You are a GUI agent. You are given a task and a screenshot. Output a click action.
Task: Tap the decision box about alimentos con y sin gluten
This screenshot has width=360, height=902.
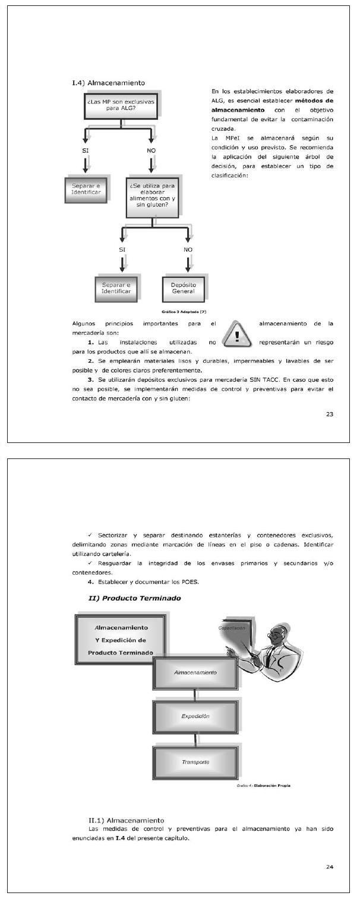[153, 196]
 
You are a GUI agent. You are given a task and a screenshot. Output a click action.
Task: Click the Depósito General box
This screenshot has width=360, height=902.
[188, 288]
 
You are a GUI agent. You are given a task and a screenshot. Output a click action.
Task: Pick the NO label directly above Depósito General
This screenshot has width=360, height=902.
[188, 249]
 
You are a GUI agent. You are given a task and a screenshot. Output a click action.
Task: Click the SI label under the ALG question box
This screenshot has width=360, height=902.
[86, 151]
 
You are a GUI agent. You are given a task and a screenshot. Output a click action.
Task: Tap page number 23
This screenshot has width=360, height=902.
[329, 414]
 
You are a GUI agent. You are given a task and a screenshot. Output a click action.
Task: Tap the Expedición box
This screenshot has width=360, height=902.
[195, 717]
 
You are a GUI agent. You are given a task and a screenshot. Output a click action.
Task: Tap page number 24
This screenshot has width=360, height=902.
[329, 867]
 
